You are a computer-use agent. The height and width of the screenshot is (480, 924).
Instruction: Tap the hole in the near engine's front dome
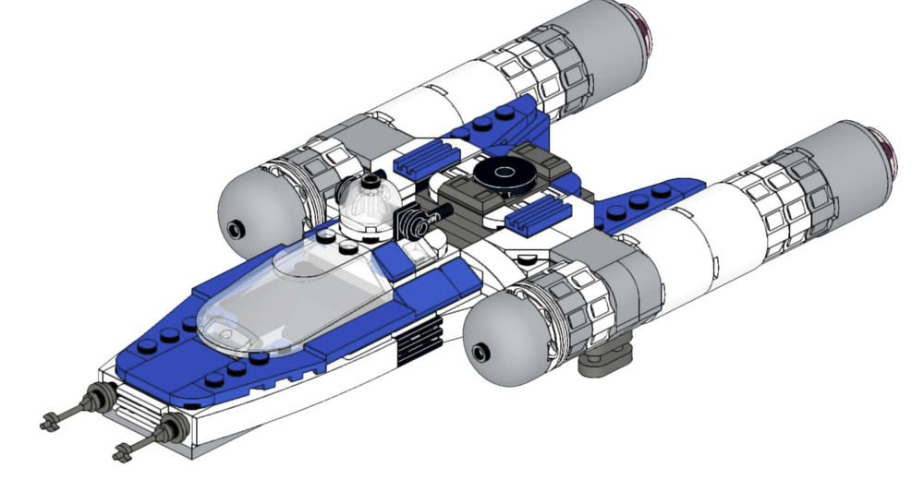[x=479, y=352]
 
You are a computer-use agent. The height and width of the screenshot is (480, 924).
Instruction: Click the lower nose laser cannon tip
[x=123, y=452]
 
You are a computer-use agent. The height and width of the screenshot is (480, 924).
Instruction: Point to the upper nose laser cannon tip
[x=48, y=424]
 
